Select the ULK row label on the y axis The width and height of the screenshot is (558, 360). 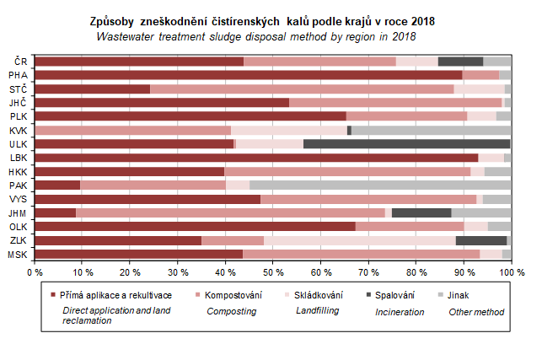18,143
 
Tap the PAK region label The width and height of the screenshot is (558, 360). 18,185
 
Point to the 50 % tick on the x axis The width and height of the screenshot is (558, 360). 272,273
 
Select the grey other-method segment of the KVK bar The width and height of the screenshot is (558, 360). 431,130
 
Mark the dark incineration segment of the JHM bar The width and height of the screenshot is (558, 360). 421,212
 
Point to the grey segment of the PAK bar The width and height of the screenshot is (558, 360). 380,185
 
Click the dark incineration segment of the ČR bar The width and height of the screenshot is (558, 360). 460,61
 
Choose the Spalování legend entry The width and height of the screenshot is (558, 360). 395,295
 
